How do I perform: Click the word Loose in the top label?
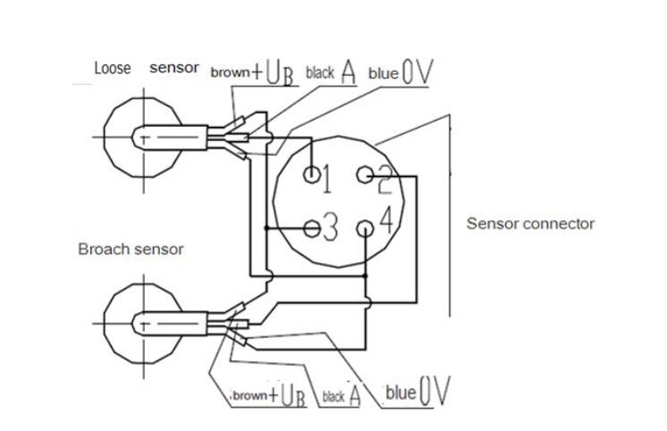[114, 68]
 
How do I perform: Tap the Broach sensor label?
[131, 249]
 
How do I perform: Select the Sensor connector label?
[530, 224]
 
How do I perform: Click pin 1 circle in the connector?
[312, 174]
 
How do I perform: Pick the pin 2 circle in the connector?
[364, 175]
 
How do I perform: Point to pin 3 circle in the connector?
[310, 228]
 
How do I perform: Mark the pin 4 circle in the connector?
[364, 229]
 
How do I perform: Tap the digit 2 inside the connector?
[384, 182]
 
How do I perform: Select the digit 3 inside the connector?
[330, 229]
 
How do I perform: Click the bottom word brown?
[250, 396]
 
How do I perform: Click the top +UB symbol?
[275, 73]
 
